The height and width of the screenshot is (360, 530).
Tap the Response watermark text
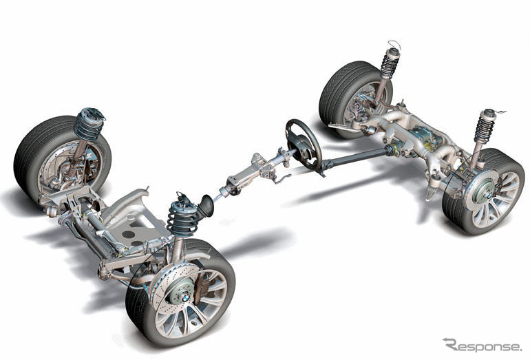[x=483, y=345]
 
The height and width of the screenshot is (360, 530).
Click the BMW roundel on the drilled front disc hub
[x=186, y=298]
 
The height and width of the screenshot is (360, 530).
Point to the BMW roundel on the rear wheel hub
[x=489, y=196]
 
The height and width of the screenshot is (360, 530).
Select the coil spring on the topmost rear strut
[x=390, y=65]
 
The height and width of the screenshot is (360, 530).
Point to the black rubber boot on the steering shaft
[x=206, y=206]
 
